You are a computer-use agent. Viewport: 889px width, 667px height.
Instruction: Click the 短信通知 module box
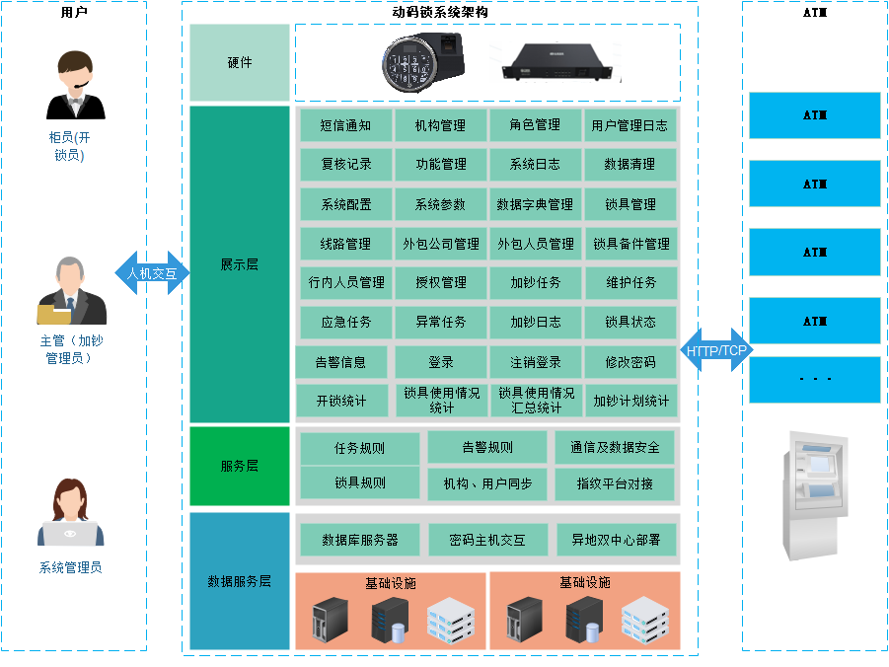[345, 125]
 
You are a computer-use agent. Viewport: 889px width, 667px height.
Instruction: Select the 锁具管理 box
[630, 204]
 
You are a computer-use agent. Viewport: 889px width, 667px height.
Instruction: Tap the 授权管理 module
[441, 282]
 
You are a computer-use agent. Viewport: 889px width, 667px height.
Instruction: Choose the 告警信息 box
[340, 362]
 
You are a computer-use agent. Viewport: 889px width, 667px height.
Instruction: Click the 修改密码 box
[630, 362]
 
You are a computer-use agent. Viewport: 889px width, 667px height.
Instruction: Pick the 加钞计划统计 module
[630, 401]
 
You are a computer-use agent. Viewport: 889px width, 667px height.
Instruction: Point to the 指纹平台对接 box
[616, 483]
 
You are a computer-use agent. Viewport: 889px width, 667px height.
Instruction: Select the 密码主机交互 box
[487, 540]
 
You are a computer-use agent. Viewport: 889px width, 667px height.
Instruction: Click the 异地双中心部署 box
[617, 540]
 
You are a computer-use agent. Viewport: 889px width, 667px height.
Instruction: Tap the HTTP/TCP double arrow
[716, 350]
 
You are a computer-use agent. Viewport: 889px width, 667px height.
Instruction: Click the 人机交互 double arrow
[152, 273]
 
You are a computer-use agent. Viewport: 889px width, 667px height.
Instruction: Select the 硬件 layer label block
[240, 62]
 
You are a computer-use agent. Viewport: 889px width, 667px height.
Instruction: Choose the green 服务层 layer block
[240, 466]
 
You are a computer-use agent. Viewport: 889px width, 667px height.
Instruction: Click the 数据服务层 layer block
[240, 581]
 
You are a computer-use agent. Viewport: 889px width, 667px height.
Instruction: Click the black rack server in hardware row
[557, 63]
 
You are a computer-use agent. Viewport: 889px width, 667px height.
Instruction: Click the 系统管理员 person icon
[70, 513]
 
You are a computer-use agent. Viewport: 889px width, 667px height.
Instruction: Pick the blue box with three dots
[815, 380]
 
